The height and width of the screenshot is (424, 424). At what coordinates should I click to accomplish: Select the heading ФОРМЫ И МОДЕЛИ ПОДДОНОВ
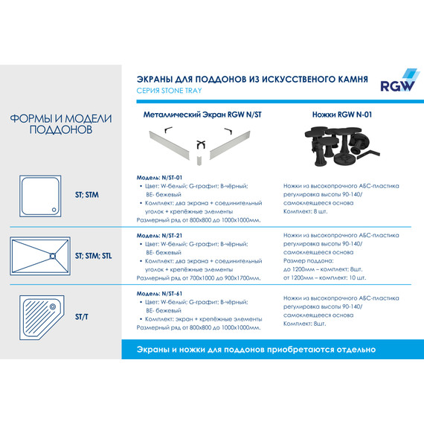tap(61, 124)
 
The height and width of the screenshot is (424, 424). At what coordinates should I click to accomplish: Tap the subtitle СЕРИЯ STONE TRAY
tap(170, 91)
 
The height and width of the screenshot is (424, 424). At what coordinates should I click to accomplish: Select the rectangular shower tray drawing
tap(42, 255)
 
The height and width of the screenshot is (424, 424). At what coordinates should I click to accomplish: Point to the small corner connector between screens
tap(201, 150)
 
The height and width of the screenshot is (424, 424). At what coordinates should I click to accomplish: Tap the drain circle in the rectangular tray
tap(52, 256)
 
